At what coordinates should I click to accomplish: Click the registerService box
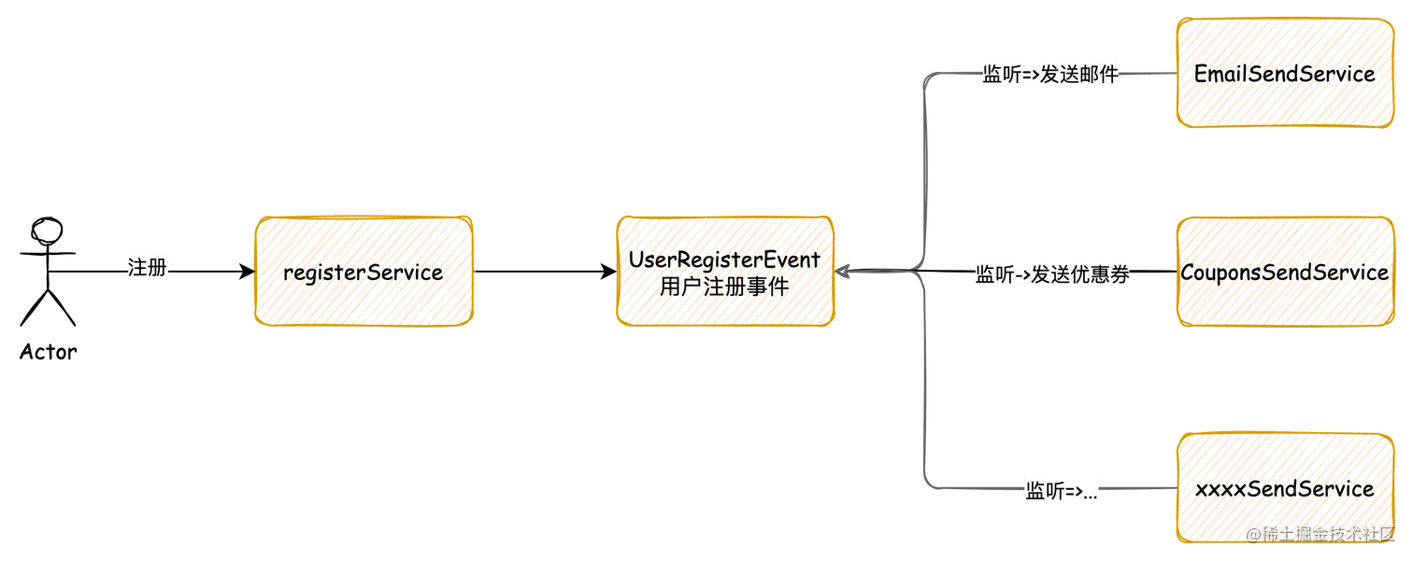363,272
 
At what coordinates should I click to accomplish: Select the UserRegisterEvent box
724,272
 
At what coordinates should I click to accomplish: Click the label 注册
146,269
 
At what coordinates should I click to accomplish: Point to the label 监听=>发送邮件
1049,76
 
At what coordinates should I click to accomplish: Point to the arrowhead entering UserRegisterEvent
843,272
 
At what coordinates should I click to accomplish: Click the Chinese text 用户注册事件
723,287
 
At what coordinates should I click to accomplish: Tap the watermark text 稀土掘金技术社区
1327,533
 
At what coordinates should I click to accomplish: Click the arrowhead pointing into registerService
250,272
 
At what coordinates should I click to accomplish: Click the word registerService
363,273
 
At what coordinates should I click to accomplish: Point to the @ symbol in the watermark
1250,534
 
